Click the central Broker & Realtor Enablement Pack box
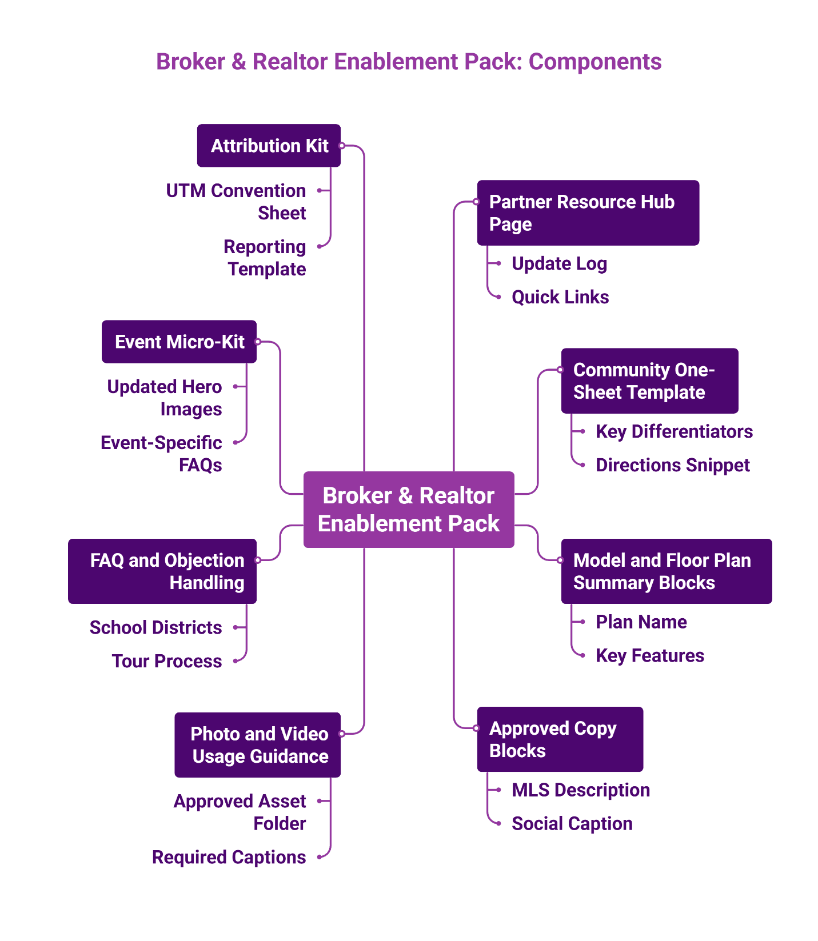(408, 509)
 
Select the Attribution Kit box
(269, 146)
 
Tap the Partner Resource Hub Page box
(588, 213)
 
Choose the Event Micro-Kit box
(179, 342)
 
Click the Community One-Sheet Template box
(649, 381)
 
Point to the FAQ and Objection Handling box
(162, 571)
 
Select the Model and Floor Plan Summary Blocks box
(666, 571)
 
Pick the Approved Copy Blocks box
(560, 739)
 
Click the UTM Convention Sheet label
(236, 201)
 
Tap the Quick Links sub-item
(560, 297)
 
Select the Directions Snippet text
(672, 465)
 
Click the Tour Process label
(167, 661)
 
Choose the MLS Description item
(580, 790)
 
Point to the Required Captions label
(229, 857)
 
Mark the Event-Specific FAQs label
(162, 454)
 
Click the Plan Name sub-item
(641, 622)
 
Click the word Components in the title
(594, 62)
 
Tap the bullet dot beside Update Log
(498, 263)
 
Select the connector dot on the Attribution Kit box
(341, 146)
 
